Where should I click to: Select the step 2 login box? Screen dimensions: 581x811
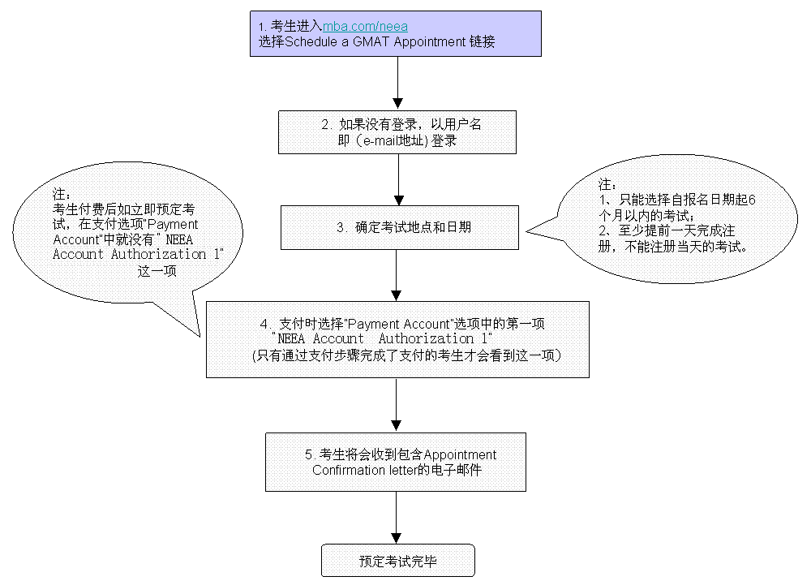[397, 131]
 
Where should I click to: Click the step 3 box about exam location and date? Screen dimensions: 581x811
[400, 227]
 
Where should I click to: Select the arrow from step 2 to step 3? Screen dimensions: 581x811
[398, 179]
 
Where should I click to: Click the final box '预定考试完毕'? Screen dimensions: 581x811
[397, 561]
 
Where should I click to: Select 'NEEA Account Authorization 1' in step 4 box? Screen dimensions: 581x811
[382, 338]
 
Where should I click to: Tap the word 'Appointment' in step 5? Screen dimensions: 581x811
[460, 454]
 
